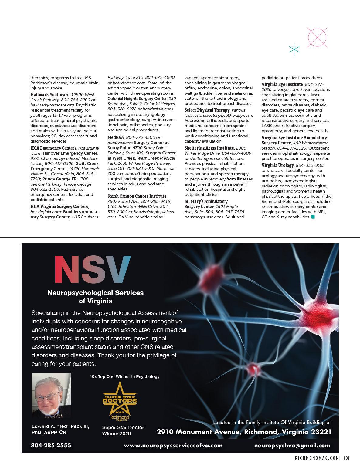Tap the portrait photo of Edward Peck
(x=51, y=396)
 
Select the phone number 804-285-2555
(x=51, y=446)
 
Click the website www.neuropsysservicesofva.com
(x=173, y=446)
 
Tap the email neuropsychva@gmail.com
(x=292, y=446)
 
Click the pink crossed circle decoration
(x=317, y=38)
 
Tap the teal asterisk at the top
(x=294, y=50)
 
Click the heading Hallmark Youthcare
(x=50, y=95)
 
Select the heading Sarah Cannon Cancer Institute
(x=137, y=196)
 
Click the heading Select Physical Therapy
(x=207, y=110)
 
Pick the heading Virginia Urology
(x=278, y=165)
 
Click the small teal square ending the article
(x=313, y=217)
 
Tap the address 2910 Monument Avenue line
(x=244, y=432)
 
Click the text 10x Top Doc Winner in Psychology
(x=124, y=376)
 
